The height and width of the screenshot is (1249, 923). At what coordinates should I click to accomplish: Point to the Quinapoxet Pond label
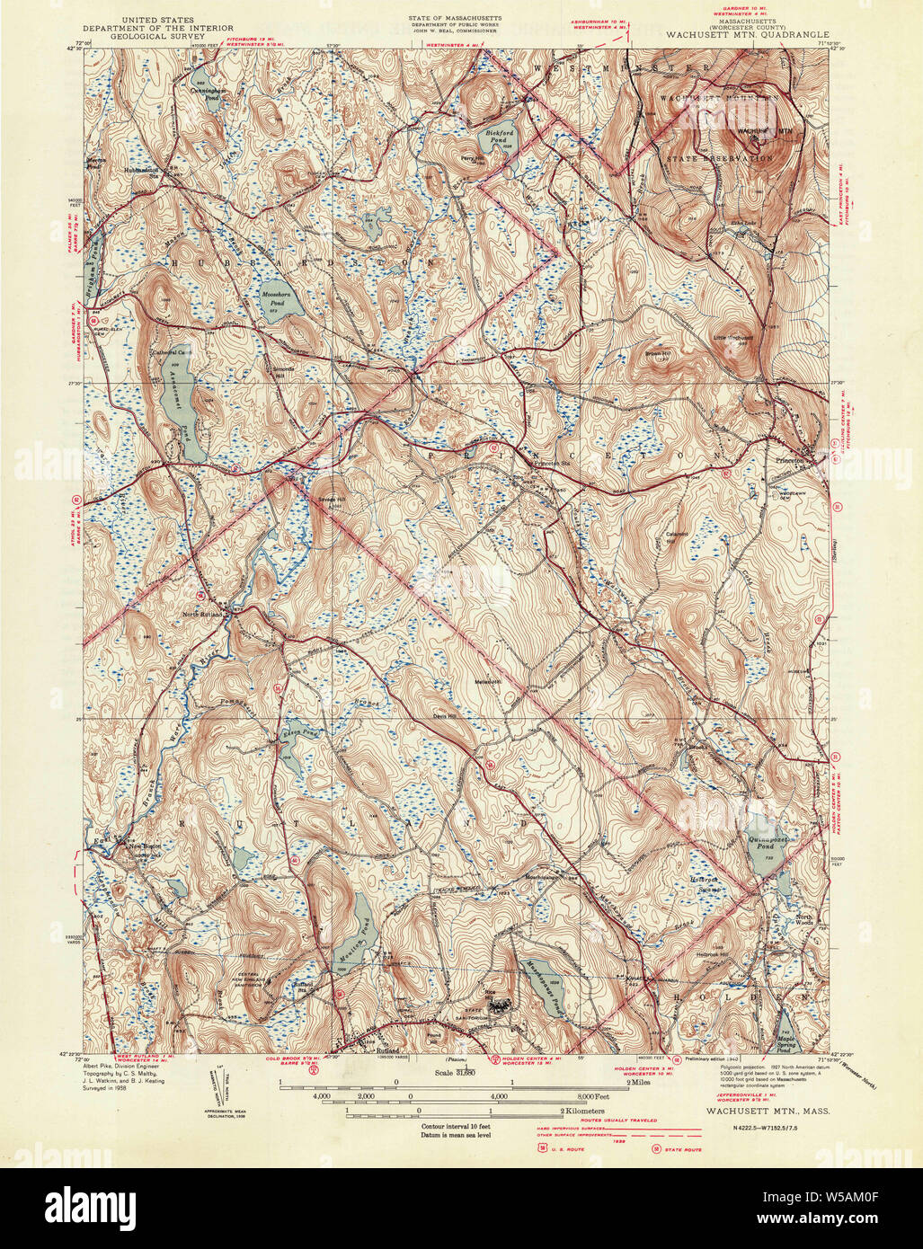[766, 842]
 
